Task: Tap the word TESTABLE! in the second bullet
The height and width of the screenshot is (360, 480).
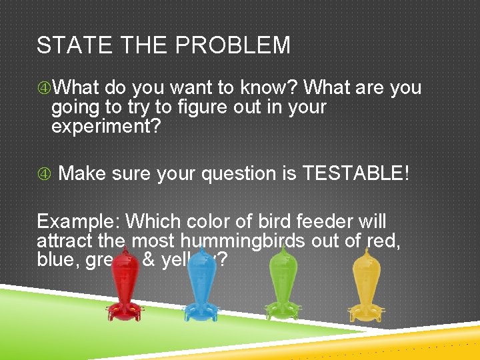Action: pos(357,173)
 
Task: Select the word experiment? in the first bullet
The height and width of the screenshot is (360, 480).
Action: pos(106,127)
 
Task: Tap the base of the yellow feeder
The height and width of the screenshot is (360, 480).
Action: pos(366,311)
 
